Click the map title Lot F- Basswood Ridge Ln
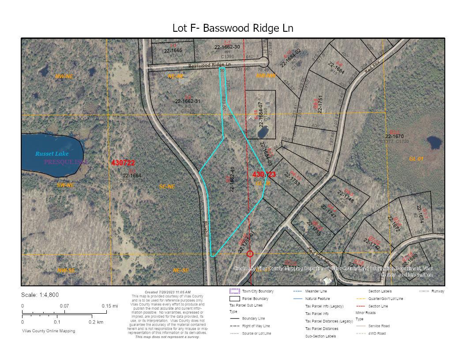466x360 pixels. [x=233, y=28]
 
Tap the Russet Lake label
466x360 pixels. [x=52, y=154]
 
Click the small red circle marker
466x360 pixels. [x=250, y=254]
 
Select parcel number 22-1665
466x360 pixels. [x=173, y=51]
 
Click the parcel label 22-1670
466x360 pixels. [x=395, y=136]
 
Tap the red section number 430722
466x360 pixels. [x=123, y=163]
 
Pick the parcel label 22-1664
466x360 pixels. [x=132, y=175]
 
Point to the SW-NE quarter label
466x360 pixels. [x=65, y=185]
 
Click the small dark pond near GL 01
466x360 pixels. [x=434, y=142]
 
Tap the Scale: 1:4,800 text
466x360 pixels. [x=40, y=295]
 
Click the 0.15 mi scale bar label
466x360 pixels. [x=109, y=306]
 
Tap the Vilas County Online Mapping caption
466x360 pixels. [x=49, y=331]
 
